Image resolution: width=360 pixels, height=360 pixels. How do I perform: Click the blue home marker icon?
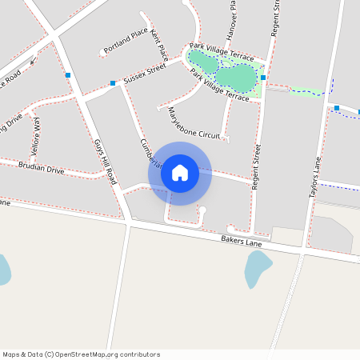click(179, 173)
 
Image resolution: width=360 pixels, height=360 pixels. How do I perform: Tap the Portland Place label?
click(126, 41)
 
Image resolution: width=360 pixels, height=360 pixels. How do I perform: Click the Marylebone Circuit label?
click(193, 124)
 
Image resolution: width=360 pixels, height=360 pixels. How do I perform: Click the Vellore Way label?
click(35, 138)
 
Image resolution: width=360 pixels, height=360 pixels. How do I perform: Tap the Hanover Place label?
click(233, 16)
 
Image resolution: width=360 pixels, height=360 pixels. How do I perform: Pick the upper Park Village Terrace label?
click(221, 52)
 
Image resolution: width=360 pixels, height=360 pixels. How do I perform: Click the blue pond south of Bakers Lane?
click(258, 269)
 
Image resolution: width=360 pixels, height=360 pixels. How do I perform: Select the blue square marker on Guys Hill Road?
click(68, 75)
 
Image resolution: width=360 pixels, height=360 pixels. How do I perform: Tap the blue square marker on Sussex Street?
click(113, 83)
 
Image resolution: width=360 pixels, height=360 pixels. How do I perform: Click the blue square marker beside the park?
click(262, 78)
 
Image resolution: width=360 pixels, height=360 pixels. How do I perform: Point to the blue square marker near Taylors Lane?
click(337, 108)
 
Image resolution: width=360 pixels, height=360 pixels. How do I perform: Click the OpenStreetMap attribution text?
click(81, 354)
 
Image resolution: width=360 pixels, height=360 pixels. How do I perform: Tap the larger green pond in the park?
click(236, 78)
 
